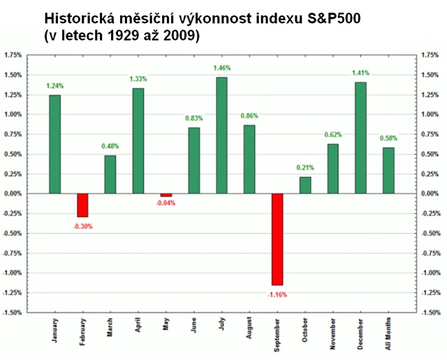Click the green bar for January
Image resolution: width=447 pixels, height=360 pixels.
pos(54,144)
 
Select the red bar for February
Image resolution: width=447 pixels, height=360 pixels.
pos(82,205)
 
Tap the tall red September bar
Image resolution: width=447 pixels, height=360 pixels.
pos(277,239)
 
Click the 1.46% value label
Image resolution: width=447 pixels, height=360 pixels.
pos(221,69)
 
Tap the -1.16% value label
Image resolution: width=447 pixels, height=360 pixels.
pos(277,295)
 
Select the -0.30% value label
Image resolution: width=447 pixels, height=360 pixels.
pos(82,226)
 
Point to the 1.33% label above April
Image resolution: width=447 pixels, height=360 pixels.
pos(138,79)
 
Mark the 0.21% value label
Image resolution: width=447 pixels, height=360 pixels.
pos(305,168)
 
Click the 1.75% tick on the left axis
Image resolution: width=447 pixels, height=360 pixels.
pos(14,54)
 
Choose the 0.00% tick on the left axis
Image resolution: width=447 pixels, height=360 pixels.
pos(14,193)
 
